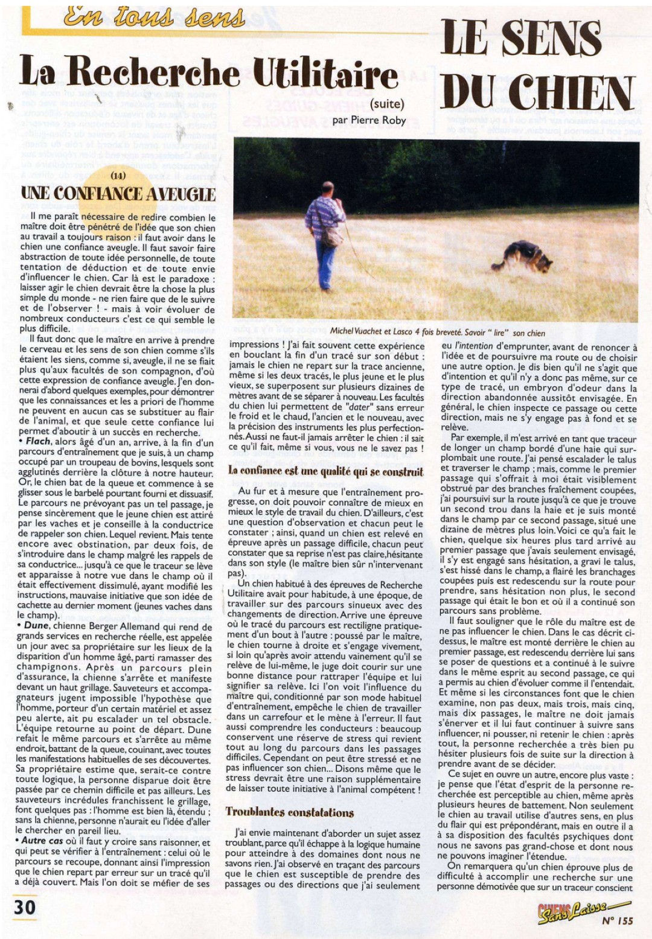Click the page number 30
(25, 907)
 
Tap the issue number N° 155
(617, 920)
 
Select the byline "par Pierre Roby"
(369, 119)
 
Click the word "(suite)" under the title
(387, 104)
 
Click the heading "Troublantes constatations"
(290, 812)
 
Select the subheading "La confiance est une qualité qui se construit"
(326, 471)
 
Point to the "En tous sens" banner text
(154, 18)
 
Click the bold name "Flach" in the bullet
(38, 442)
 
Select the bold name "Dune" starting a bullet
(36, 626)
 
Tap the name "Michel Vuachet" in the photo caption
(359, 332)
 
